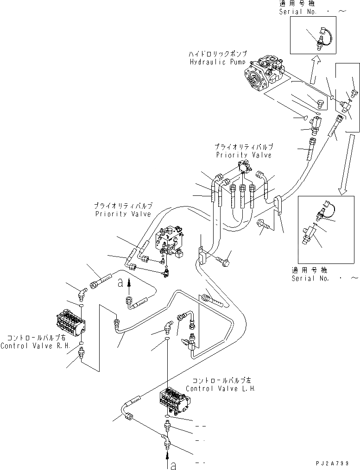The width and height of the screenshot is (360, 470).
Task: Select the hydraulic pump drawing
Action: pyautogui.click(x=262, y=74)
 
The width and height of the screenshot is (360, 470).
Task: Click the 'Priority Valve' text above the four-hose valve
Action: pyautogui.click(x=243, y=155)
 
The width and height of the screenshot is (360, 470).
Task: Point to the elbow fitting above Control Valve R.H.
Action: pyautogui.click(x=82, y=293)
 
